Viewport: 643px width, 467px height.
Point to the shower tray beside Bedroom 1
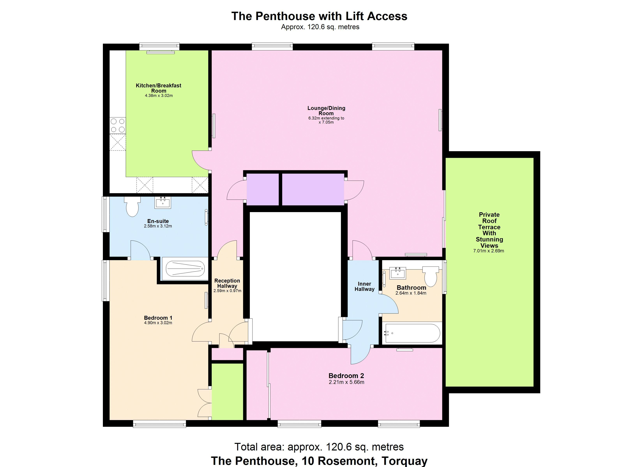tap(185, 269)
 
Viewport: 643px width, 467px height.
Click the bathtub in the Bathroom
tap(412, 333)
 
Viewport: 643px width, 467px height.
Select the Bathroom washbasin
tap(398, 273)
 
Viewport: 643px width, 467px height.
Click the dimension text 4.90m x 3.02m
tap(158, 323)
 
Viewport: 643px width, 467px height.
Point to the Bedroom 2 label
tap(346, 376)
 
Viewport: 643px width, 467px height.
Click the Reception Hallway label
tap(227, 283)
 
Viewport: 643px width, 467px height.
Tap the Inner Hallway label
tap(364, 286)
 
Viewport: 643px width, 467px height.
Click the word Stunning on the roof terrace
tap(489, 239)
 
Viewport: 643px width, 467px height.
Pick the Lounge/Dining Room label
tap(326, 111)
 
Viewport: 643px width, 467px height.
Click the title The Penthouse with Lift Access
tap(319, 16)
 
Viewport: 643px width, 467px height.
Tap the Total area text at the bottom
tap(319, 447)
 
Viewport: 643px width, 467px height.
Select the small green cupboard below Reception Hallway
tap(228, 392)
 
